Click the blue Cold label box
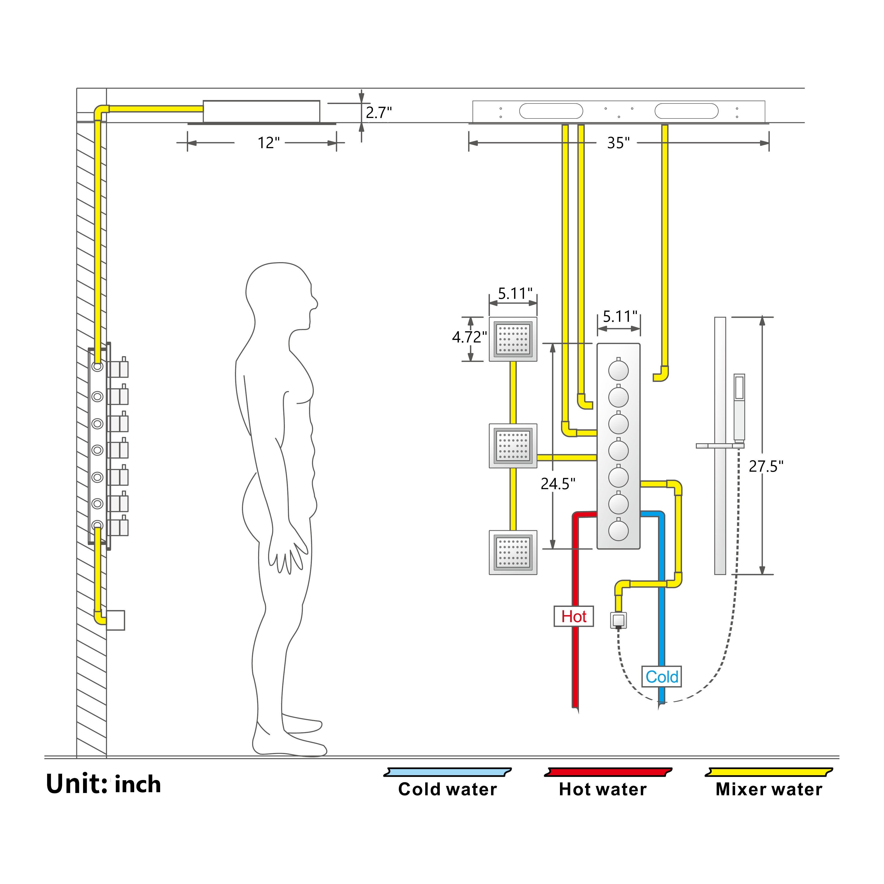[661, 677]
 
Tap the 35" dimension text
[618, 143]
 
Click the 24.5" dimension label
[558, 484]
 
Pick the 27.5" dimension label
[766, 466]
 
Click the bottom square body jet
[513, 552]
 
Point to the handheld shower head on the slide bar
[739, 403]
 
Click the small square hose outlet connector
[618, 620]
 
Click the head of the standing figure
[279, 293]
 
